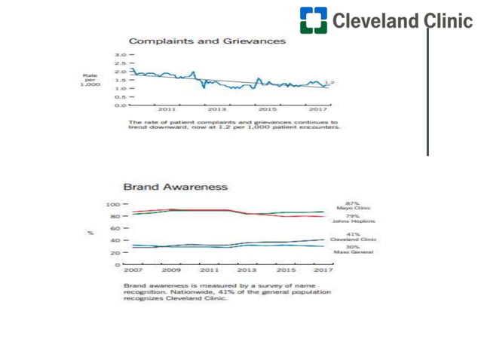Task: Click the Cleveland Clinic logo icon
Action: click(313, 20)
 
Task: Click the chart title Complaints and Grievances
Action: click(207, 41)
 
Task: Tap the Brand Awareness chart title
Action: click(175, 186)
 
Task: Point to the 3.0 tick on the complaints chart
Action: click(119, 55)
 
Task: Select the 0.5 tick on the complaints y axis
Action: click(119, 96)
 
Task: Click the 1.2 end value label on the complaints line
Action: click(329, 82)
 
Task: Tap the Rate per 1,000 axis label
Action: click(91, 80)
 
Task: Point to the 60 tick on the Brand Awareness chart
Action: click(114, 229)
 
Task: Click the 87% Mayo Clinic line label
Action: click(353, 206)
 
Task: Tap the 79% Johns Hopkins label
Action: click(353, 218)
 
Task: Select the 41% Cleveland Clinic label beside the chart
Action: click(353, 237)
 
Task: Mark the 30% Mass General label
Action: click(353, 249)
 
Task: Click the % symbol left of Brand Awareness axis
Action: click(90, 233)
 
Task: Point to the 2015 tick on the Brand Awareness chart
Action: click(285, 270)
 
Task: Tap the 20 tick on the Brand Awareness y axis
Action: click(114, 253)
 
